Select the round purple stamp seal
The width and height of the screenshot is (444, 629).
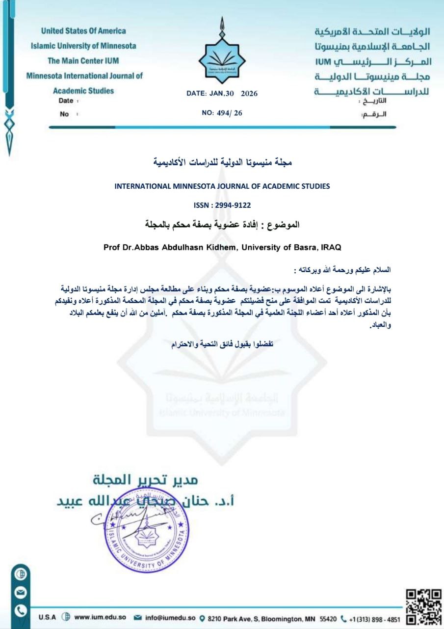click(x=146, y=530)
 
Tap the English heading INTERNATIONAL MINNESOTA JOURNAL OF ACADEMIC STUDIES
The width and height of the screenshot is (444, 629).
click(x=222, y=186)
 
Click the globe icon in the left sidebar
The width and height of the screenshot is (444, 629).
click(x=22, y=574)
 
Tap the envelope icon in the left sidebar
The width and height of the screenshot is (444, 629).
click(x=22, y=592)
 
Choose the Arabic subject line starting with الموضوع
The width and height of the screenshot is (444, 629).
click(x=222, y=225)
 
